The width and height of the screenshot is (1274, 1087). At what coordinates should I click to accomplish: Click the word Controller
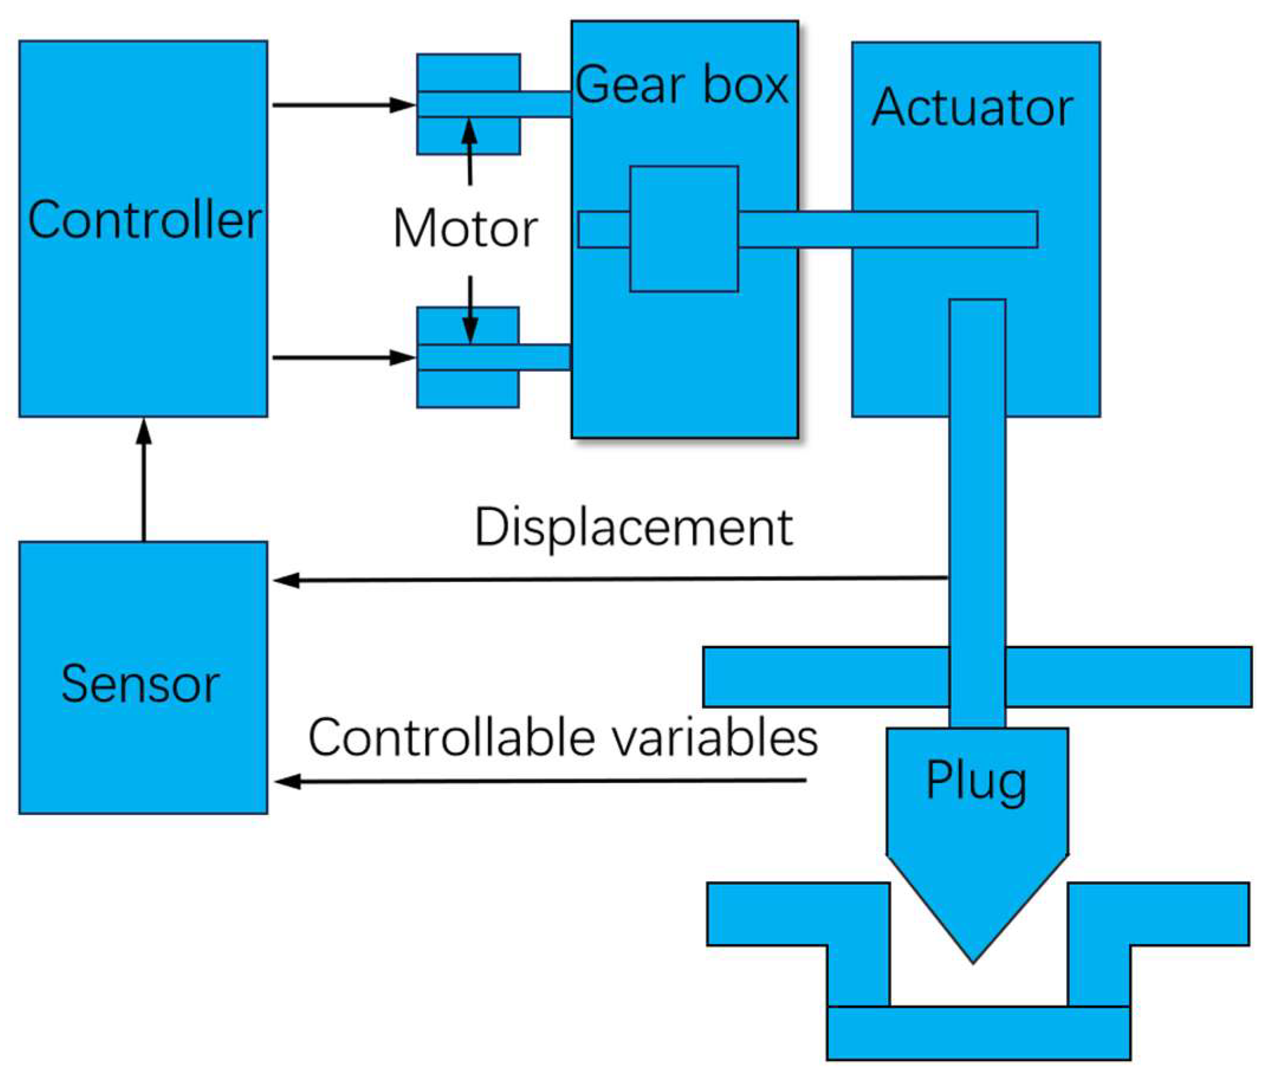tap(144, 220)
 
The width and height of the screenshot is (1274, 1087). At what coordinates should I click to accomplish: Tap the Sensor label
tap(140, 684)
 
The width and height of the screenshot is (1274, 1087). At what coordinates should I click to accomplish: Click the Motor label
tap(465, 229)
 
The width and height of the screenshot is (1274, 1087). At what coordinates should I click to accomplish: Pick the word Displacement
tap(633, 527)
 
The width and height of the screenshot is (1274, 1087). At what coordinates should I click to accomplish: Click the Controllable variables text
tap(563, 737)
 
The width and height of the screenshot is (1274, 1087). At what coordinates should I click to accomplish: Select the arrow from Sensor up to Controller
tap(144, 479)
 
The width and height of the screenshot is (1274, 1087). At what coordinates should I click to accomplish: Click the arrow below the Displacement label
tap(609, 579)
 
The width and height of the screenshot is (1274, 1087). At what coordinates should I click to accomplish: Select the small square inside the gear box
tap(684, 229)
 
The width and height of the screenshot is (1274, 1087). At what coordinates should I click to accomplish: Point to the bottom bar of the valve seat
tap(978, 1033)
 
